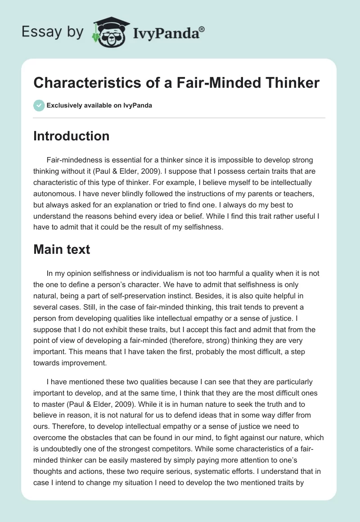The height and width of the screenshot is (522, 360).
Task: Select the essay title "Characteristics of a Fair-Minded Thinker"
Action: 176,82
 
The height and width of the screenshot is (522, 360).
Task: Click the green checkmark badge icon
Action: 39,105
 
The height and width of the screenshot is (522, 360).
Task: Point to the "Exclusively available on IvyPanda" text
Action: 99,105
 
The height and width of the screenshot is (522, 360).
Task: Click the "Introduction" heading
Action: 71,136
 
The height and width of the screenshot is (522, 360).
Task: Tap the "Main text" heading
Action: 62,249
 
